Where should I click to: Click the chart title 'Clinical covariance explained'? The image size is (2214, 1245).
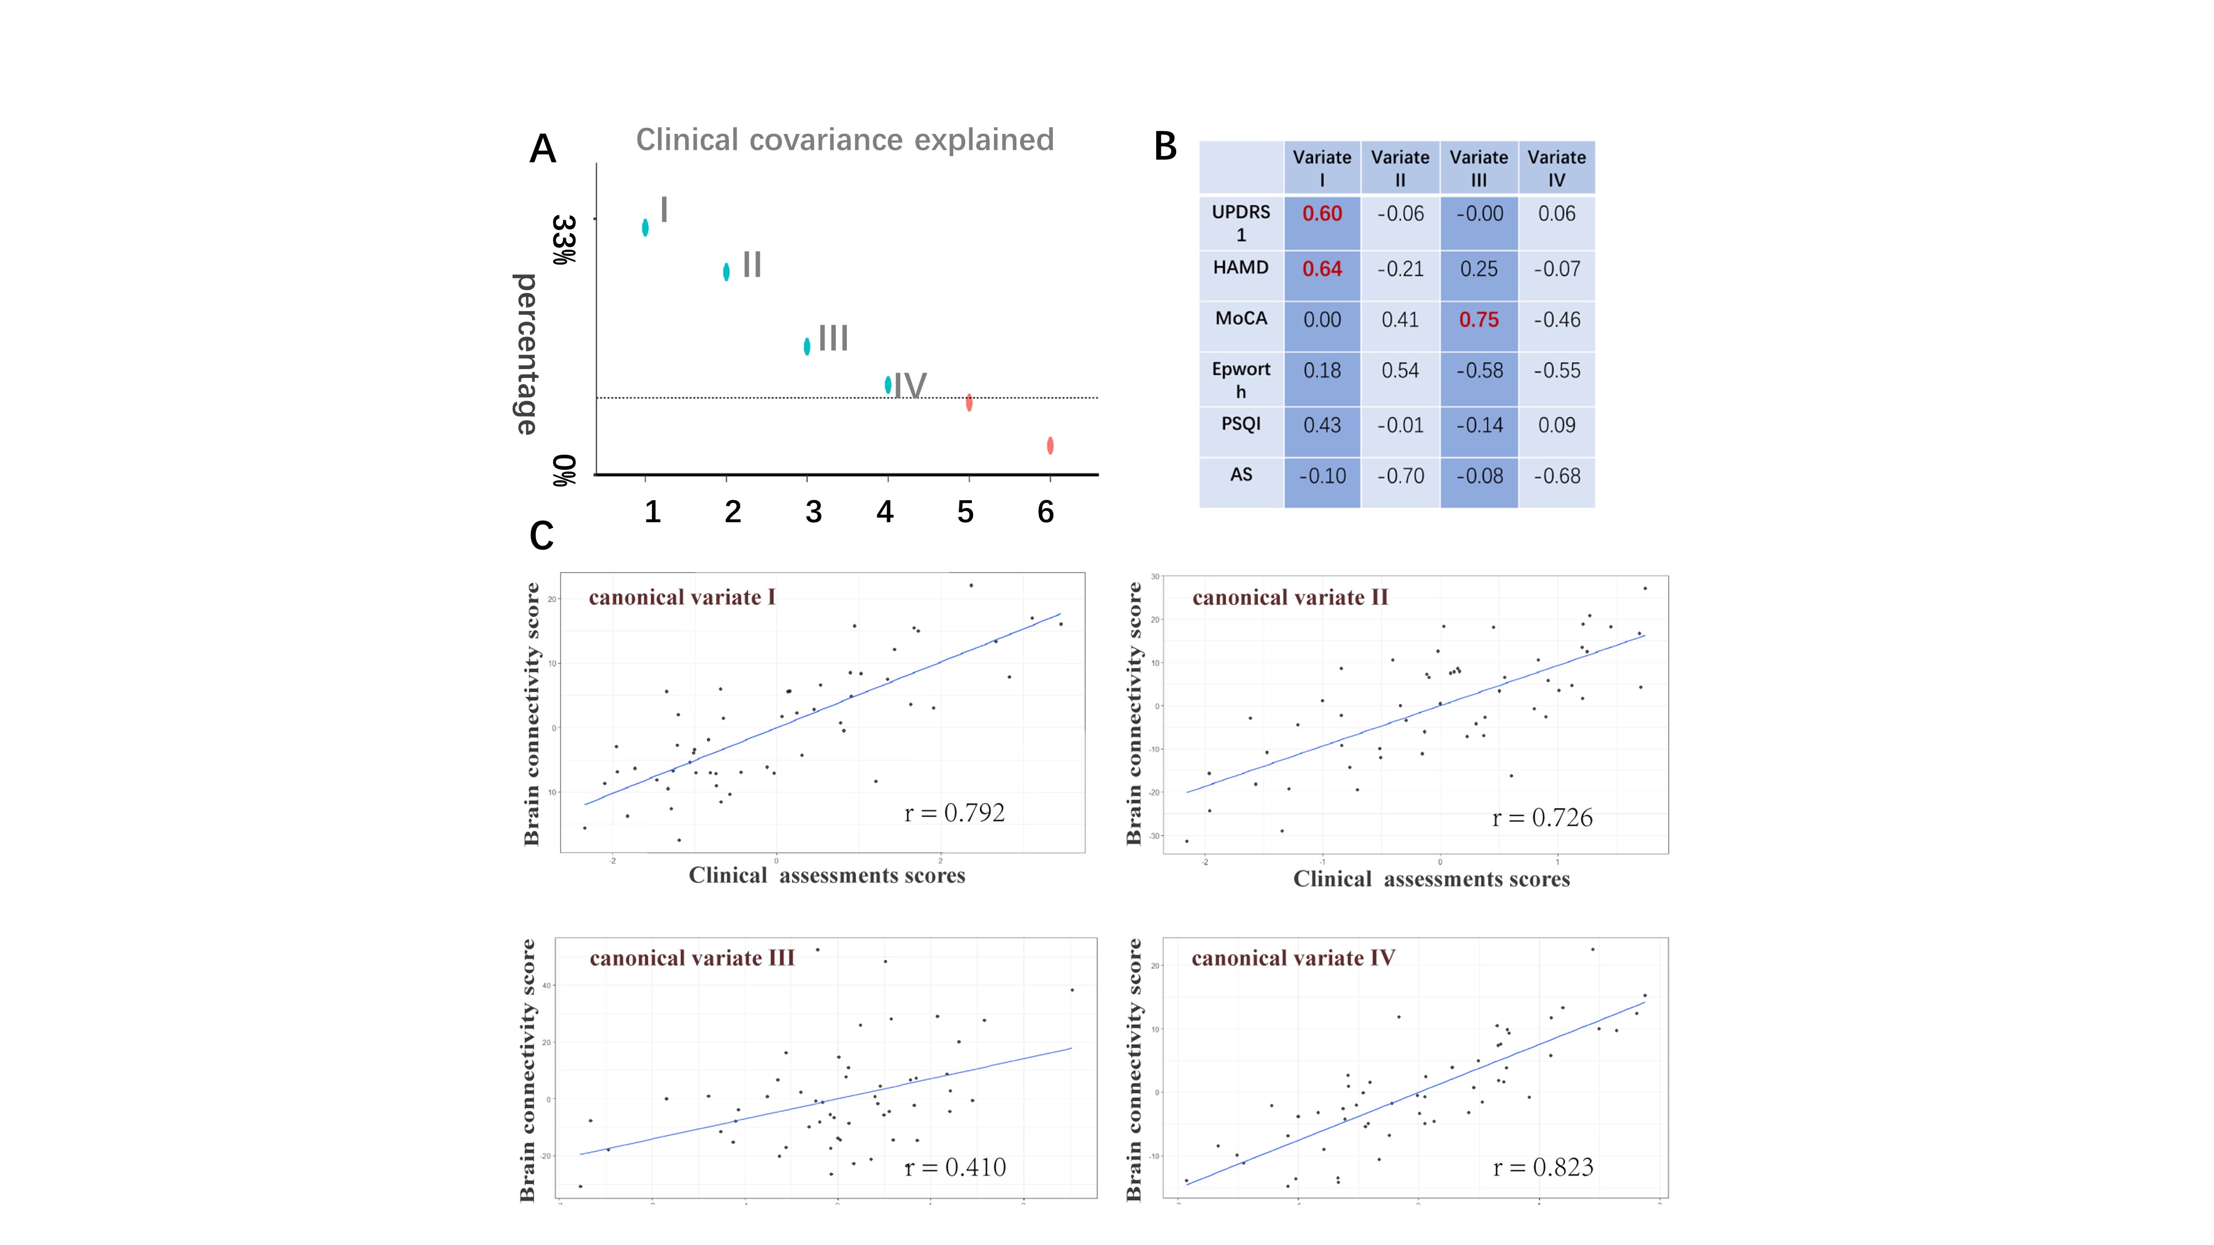pos(844,139)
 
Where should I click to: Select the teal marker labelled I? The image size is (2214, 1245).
pos(645,227)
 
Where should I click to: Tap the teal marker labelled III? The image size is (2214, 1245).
pos(807,346)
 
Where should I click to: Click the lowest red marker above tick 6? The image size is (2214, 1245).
pos(1051,445)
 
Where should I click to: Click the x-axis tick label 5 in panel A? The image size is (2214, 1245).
pos(965,512)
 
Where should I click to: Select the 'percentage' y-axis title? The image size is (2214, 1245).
pos(525,354)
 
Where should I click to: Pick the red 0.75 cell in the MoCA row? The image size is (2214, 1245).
pos(1478,320)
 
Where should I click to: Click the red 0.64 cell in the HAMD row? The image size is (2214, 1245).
pos(1322,269)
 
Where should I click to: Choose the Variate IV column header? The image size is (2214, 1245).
pos(1556,168)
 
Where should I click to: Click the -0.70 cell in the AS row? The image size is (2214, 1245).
pos(1400,476)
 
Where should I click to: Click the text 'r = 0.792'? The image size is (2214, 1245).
pos(954,813)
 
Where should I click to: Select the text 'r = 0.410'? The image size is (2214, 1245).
pos(955,1167)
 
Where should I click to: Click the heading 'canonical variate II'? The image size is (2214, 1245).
pos(1290,597)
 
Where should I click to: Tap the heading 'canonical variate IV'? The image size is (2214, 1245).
pos(1292,958)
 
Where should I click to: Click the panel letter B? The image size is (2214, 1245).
pos(1166,147)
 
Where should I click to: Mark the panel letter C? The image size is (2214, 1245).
pos(541,536)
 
